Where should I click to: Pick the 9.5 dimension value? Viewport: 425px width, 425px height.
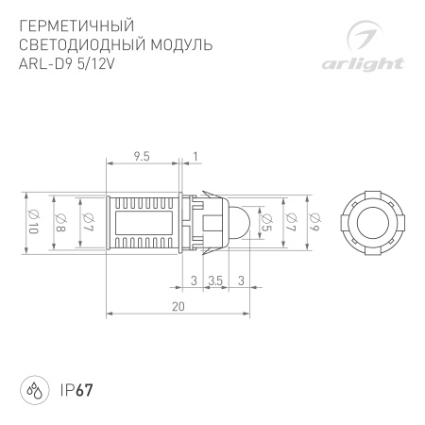143,155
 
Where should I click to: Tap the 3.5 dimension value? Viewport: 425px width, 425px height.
215,280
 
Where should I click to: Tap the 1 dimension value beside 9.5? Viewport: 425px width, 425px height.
195,155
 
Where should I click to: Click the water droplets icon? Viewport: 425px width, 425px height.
34,389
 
